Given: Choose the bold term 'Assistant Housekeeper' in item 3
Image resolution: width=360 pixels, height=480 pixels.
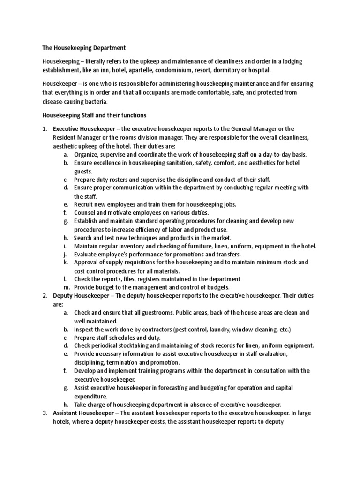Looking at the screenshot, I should click(x=84, y=412).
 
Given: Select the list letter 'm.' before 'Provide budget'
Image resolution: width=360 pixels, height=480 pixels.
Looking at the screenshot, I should click(x=65, y=287).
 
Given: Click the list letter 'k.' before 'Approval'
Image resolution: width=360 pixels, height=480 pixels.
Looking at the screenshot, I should click(x=65, y=262).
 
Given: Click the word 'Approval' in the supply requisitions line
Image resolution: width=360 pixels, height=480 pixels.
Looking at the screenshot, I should click(x=88, y=262).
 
